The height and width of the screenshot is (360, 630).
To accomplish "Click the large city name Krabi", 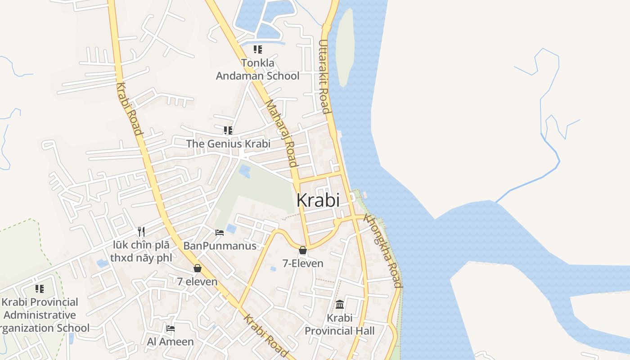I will [x=318, y=200].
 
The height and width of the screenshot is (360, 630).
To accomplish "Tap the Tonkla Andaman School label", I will [x=257, y=69].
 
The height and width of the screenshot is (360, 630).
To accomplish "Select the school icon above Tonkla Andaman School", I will [x=257, y=49].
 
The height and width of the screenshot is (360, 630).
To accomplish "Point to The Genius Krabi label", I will [x=229, y=144].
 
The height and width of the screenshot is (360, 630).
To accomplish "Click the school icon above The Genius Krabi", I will [x=228, y=130].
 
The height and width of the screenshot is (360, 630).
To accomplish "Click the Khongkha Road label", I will [x=383, y=250].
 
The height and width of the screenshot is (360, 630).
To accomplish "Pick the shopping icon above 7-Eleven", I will [x=303, y=250].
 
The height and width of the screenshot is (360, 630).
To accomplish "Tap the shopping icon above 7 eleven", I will [x=197, y=269].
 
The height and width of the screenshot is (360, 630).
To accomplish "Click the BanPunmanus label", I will [x=220, y=246].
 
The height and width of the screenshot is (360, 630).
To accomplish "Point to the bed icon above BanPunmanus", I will [x=220, y=233].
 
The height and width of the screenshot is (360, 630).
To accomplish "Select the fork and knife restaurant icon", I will [x=141, y=231].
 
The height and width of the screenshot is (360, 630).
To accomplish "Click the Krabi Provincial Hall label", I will [x=340, y=324].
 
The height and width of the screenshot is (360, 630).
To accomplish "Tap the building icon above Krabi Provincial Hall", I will [x=340, y=305].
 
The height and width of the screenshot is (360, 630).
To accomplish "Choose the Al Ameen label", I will [x=171, y=342].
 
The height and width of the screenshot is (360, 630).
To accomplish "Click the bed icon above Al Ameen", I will [x=171, y=328].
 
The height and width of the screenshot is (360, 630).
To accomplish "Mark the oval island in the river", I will [x=345, y=47].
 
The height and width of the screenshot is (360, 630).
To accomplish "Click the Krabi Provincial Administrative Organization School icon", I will [x=40, y=288].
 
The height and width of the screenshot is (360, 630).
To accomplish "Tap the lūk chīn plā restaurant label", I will [x=141, y=251].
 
